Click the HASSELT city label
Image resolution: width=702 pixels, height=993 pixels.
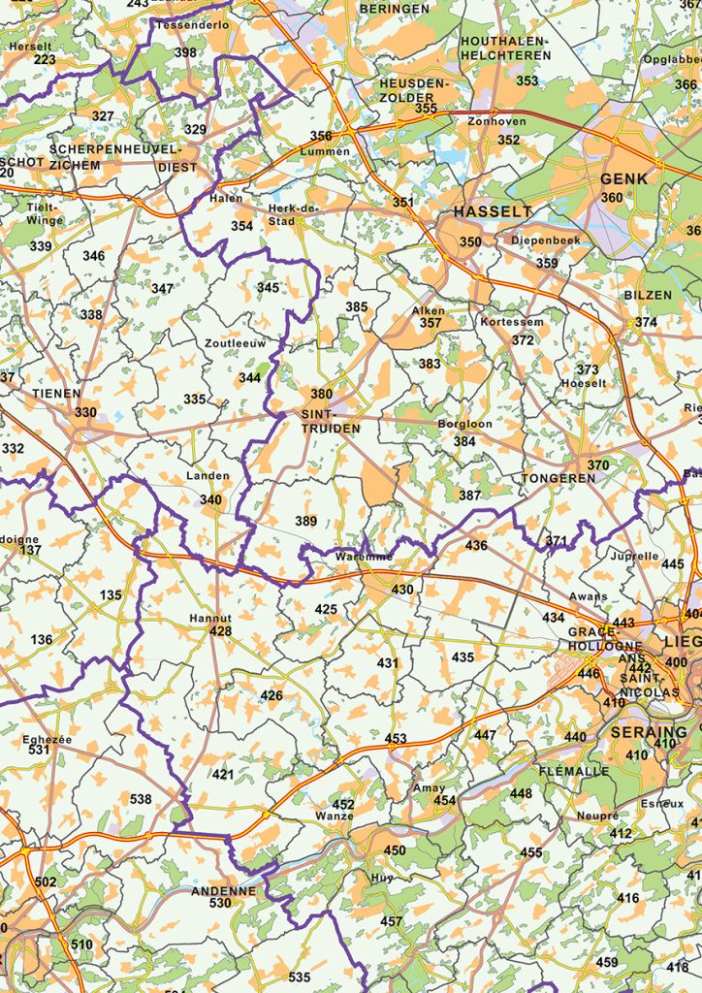(493, 211)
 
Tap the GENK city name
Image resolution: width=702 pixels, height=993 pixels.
(623, 179)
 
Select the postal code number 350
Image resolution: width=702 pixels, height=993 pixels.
(470, 242)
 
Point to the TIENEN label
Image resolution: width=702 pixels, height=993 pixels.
(56, 394)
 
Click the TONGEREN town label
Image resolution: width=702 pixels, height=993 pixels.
(558, 479)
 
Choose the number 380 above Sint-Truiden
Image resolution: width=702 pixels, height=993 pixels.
(321, 395)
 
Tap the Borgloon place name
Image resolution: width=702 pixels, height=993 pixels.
(464, 424)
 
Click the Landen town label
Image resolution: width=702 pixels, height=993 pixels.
(208, 476)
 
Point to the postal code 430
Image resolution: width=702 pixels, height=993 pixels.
(401, 590)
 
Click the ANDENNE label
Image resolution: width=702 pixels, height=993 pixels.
(224, 890)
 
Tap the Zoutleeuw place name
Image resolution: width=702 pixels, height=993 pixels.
(235, 343)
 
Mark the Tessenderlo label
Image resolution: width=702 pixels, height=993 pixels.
(193, 24)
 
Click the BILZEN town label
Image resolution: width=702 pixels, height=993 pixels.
(647, 295)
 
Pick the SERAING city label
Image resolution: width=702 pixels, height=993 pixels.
(649, 732)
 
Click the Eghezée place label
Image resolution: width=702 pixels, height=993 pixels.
(48, 739)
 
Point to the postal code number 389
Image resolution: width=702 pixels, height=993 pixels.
(305, 521)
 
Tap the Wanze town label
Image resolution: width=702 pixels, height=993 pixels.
(334, 817)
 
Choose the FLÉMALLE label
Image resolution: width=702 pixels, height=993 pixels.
(574, 771)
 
